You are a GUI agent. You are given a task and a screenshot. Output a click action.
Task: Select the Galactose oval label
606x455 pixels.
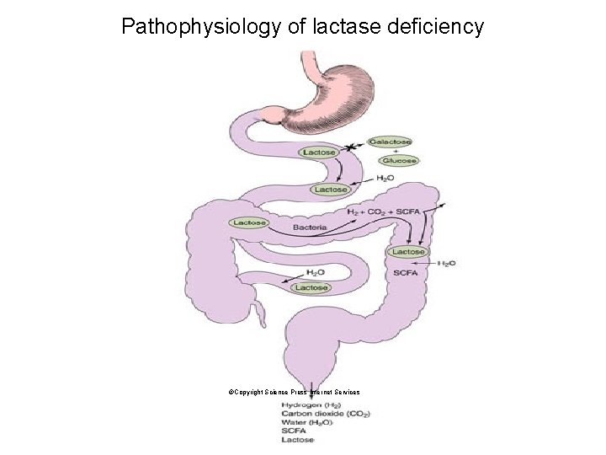[x=390, y=142]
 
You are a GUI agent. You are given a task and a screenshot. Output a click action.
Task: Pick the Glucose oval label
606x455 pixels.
[x=396, y=160]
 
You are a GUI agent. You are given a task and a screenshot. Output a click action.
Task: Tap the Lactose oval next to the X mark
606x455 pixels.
[x=319, y=153]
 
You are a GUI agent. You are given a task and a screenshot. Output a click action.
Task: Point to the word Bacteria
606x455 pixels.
[x=310, y=227]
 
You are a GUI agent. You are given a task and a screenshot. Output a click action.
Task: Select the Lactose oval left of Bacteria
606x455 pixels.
[x=249, y=222]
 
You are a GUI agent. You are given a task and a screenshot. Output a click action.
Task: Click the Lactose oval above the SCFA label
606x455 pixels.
[x=408, y=252]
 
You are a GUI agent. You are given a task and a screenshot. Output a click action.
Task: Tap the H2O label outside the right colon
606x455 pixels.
[x=447, y=263]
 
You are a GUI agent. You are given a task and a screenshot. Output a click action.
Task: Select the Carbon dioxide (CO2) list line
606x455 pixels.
[x=325, y=414]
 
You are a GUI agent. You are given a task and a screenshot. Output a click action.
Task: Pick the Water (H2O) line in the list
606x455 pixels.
[x=307, y=423]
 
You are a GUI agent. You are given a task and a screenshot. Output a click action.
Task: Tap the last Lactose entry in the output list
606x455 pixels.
[x=298, y=440]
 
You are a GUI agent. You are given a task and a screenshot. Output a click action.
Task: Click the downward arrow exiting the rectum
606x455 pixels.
[x=311, y=383]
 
